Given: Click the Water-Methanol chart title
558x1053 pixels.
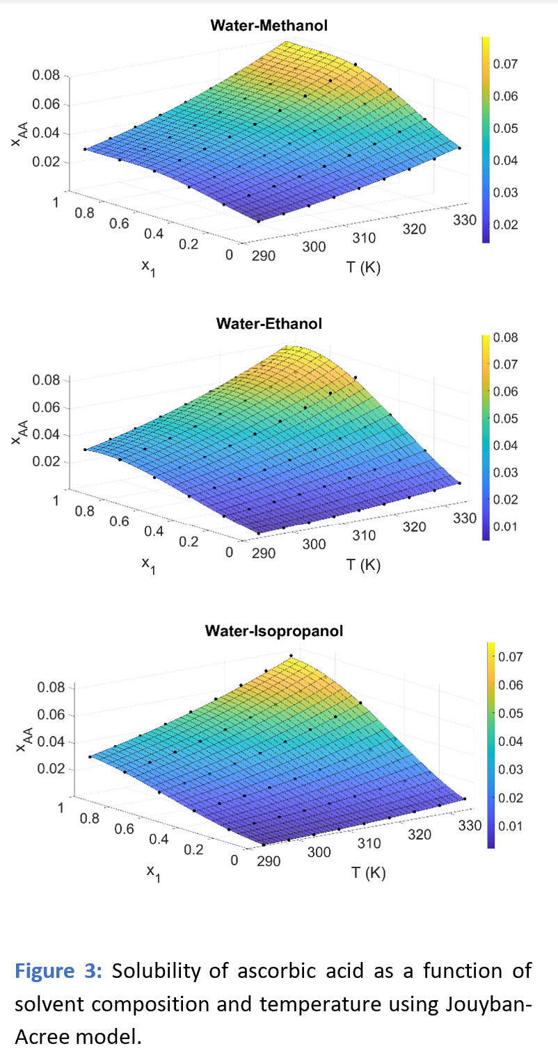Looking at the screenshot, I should [x=269, y=26].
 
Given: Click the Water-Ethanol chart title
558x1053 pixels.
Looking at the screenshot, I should [x=269, y=324].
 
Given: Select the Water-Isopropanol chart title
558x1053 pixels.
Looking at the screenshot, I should [x=273, y=631].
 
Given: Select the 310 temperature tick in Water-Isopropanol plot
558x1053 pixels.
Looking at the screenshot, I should [x=369, y=843].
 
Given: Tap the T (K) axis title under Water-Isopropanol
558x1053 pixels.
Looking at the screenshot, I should [x=368, y=872].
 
